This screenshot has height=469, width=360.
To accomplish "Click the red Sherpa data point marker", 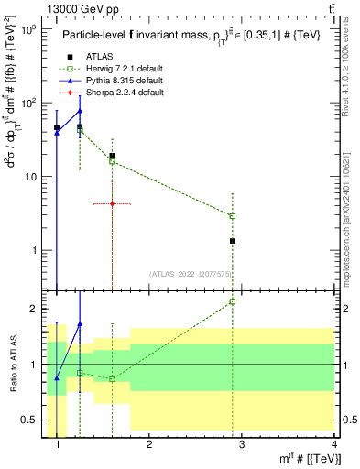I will (112, 204).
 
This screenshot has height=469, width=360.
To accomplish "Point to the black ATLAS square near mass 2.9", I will (233, 241).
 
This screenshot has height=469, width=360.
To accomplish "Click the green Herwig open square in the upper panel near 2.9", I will (233, 216).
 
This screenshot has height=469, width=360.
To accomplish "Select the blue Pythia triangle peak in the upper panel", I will (80, 111).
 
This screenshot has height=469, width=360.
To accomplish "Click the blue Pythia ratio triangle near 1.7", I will (80, 323).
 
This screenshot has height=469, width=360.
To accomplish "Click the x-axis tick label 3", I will (242, 445).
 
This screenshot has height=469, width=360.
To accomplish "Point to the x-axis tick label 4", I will (333, 445).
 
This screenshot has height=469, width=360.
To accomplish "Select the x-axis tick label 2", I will (149, 445).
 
